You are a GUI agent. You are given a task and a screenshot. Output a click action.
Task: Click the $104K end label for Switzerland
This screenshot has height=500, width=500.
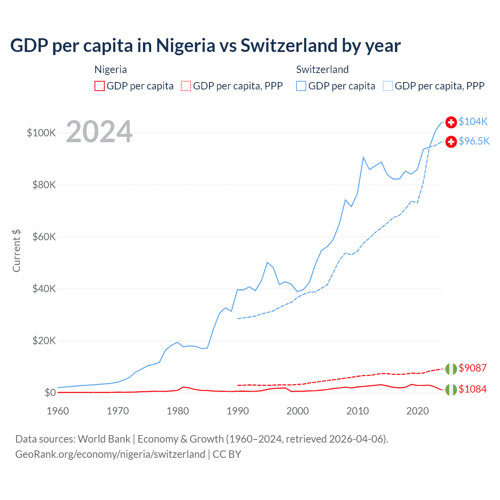tap(473, 121)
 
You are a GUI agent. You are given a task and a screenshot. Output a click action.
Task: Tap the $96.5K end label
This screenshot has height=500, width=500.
tap(474, 141)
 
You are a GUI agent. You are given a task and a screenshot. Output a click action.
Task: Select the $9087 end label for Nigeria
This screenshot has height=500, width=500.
tap(472, 368)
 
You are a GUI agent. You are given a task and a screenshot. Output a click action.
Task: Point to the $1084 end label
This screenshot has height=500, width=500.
tap(472, 389)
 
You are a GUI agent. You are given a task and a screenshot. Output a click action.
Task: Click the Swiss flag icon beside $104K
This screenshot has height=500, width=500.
tap(451, 122)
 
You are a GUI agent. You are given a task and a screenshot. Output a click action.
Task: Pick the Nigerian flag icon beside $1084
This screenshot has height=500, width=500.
tap(451, 390)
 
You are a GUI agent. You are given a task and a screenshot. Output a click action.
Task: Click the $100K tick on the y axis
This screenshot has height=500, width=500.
tap(41, 133)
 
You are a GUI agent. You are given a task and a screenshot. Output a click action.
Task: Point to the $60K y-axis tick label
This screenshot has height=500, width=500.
tap(44, 237)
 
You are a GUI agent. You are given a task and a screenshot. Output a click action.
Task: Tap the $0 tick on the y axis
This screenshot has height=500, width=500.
tap(50, 393)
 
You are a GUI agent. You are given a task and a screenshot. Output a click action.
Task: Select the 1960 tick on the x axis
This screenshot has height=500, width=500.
tap(58, 411)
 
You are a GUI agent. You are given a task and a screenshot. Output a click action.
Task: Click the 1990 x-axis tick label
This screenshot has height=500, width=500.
tap(237, 411)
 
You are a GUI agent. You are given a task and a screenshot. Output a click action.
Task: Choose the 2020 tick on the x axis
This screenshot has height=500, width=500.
tap(418, 411)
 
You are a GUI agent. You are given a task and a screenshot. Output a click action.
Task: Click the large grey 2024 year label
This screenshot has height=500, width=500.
tap(99, 132)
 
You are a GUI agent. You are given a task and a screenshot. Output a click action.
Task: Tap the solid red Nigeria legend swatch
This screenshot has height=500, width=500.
tap(100, 86)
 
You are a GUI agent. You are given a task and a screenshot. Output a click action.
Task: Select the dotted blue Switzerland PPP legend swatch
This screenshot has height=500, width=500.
tap(388, 86)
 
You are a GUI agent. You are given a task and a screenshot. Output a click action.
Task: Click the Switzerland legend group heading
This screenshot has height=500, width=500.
tap(322, 70)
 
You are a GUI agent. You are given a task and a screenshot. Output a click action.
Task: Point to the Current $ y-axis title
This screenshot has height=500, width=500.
tap(16, 251)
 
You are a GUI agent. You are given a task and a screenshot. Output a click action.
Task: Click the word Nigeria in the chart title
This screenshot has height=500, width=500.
tap(186, 45)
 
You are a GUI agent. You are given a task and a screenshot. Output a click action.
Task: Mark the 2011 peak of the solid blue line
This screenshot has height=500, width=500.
tap(363, 157)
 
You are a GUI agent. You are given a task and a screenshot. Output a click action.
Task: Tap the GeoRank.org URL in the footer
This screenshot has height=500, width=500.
tap(110, 454)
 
